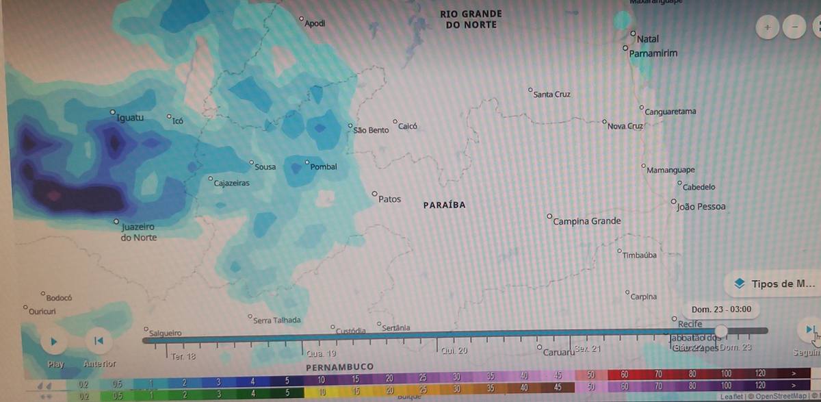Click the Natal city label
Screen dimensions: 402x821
[x=647, y=39]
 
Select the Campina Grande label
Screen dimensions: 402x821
[x=586, y=221]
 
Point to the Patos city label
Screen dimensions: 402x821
[x=389, y=199]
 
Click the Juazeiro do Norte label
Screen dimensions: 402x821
[x=138, y=232]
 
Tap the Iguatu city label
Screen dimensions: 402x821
[x=130, y=118]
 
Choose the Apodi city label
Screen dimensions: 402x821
[x=315, y=24]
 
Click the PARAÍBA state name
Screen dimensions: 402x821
[x=444, y=205]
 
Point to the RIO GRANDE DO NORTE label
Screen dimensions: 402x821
[x=471, y=18]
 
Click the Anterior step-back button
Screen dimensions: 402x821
[x=99, y=340]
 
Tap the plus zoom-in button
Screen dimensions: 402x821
[x=768, y=27]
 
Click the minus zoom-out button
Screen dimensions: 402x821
[x=794, y=27]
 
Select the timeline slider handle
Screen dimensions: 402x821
[x=720, y=331]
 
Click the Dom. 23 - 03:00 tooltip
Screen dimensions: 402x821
[x=721, y=310]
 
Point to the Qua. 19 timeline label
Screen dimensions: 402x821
[x=322, y=354]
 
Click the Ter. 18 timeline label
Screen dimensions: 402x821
[x=183, y=357]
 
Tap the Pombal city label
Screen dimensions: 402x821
[x=324, y=167]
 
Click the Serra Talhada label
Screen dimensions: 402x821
[x=276, y=320]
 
